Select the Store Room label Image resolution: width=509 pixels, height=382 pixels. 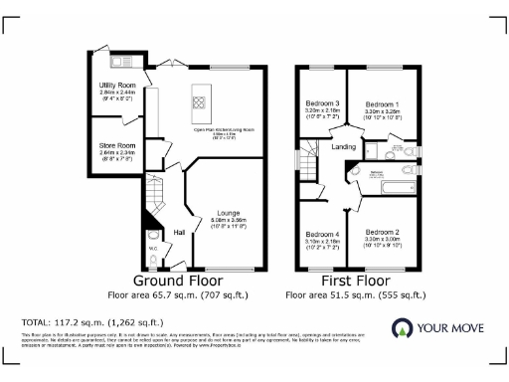point(117,146)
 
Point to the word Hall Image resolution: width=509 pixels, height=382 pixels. point(180,232)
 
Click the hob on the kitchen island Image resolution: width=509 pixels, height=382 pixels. point(198,100)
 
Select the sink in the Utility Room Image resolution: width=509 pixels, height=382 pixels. point(119,62)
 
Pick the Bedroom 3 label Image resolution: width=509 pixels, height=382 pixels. point(323,104)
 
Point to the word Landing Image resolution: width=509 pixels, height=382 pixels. point(344,147)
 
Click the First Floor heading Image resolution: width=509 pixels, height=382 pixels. point(355,282)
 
